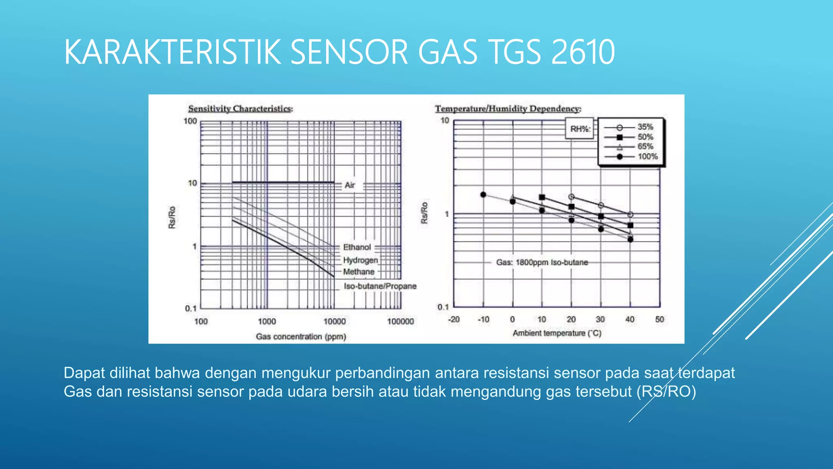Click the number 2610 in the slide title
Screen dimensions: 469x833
(x=582, y=52)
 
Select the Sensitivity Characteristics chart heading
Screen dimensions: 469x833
(x=240, y=109)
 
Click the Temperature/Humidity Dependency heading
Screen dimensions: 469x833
(x=508, y=109)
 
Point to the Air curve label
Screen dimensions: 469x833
(x=350, y=185)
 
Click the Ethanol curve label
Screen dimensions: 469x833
(x=357, y=247)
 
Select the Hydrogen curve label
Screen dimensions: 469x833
(x=360, y=260)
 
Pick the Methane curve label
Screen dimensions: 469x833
(x=358, y=272)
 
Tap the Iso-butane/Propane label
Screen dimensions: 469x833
(x=380, y=286)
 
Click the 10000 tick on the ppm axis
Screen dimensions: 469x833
(x=334, y=322)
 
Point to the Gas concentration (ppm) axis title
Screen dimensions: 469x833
(x=301, y=337)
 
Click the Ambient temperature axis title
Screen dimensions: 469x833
(x=556, y=333)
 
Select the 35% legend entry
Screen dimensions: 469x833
(x=645, y=127)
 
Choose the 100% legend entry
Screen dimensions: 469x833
(x=647, y=157)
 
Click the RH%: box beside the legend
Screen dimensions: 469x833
(x=580, y=129)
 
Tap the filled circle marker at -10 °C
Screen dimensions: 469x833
(x=483, y=195)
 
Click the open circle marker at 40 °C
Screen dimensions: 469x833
(x=630, y=215)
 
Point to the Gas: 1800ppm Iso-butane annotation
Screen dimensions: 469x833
(x=542, y=263)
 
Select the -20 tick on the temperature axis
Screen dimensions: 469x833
(x=454, y=320)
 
